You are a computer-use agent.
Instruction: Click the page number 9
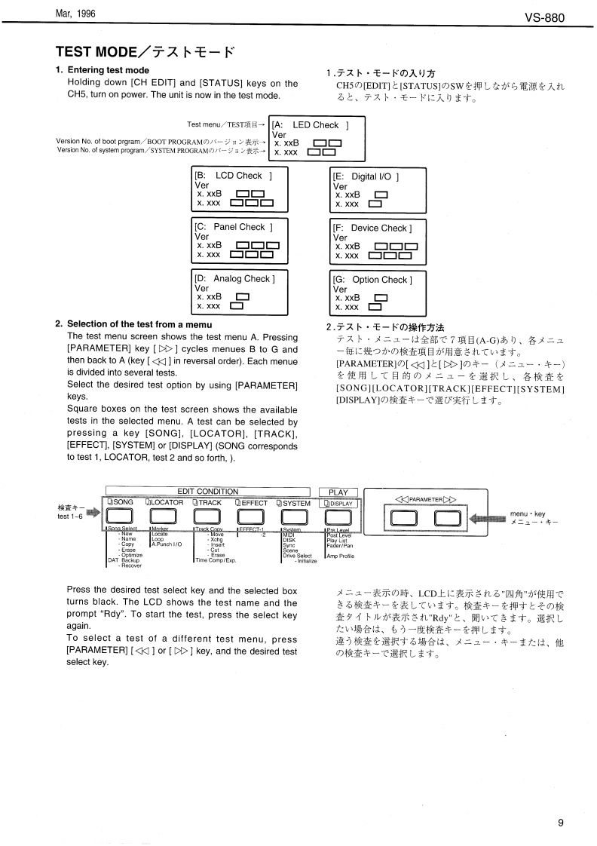(x=561, y=823)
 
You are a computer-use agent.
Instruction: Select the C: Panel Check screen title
(x=234, y=227)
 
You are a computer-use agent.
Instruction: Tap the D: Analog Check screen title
(x=235, y=279)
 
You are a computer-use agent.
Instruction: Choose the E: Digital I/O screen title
(x=366, y=176)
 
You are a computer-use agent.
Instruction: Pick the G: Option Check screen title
(x=372, y=280)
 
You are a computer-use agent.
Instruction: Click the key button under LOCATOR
(x=163, y=516)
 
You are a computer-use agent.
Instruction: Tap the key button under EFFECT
(x=250, y=516)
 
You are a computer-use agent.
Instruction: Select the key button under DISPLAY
(x=338, y=516)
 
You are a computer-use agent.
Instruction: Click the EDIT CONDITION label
(x=207, y=492)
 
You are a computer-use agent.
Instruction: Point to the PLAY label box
(x=338, y=492)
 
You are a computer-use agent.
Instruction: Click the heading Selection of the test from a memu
(x=134, y=324)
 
